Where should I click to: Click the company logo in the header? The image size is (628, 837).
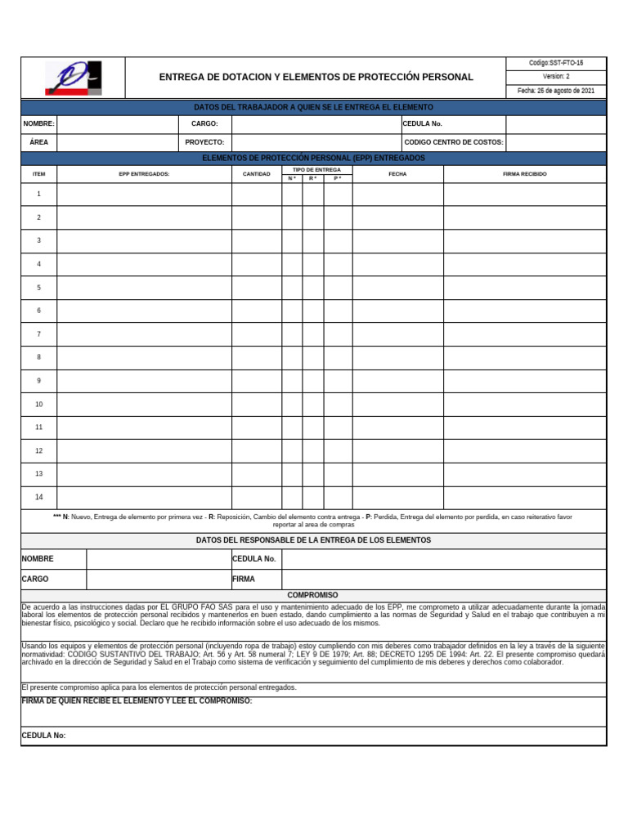pyautogui.click(x=73, y=78)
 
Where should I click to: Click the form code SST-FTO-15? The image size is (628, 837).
pyautogui.click(x=555, y=63)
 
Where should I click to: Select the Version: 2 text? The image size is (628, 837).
pyautogui.click(x=555, y=77)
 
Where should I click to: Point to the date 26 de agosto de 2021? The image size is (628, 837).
pyautogui.click(x=555, y=91)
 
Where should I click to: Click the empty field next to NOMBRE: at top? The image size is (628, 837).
pyautogui.click(x=117, y=123)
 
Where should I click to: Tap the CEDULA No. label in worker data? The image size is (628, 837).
pyautogui.click(x=423, y=123)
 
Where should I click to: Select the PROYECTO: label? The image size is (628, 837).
pyautogui.click(x=204, y=142)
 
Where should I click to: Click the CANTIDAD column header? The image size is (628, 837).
pyautogui.click(x=256, y=174)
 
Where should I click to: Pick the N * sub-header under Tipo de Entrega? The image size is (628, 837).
pyautogui.click(x=292, y=178)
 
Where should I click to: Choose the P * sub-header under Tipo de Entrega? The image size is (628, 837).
pyautogui.click(x=338, y=178)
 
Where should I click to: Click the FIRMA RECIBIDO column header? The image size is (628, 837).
pyautogui.click(x=524, y=174)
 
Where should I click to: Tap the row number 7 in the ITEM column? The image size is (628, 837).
pyautogui.click(x=38, y=334)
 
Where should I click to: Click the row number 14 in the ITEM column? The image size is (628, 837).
pyautogui.click(x=38, y=497)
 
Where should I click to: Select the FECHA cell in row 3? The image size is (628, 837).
pyautogui.click(x=397, y=241)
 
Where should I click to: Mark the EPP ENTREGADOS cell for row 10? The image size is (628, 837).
pyautogui.click(x=144, y=405)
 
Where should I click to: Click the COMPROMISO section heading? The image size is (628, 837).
pyautogui.click(x=312, y=595)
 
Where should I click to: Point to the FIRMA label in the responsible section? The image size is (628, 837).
pyautogui.click(x=244, y=579)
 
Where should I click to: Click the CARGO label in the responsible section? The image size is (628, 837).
pyautogui.click(x=35, y=579)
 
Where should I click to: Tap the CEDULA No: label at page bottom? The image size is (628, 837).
pyautogui.click(x=43, y=736)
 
